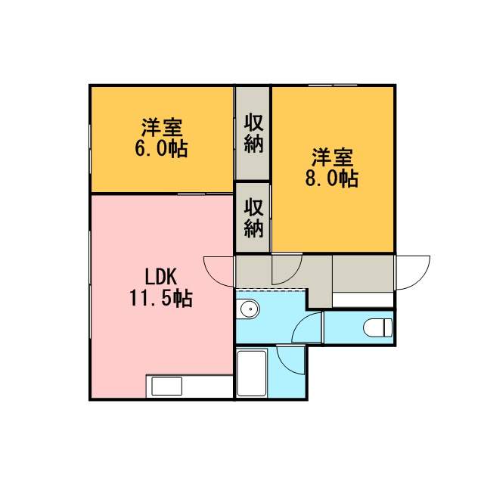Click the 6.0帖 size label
click(161, 149)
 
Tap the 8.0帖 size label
click(332, 178)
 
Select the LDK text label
click(161, 277)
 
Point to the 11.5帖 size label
click(161, 298)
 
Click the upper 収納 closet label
click(254, 133)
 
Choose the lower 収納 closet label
click(254, 218)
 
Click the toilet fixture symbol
click(378, 327)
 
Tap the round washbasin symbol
click(250, 309)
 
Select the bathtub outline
click(252, 373)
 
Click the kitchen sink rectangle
click(166, 386)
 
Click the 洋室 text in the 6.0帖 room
click(162, 128)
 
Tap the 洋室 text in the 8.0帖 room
click(333, 157)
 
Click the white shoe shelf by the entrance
click(363, 299)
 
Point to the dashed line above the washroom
click(271, 290)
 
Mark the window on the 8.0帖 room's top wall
click(333, 85)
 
